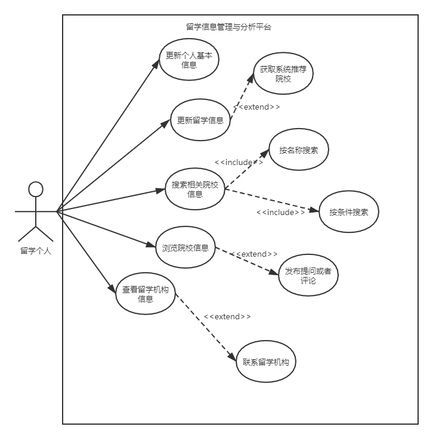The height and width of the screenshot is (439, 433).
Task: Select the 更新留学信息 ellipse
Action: (x=200, y=120)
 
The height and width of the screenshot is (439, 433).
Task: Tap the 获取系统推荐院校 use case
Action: (x=283, y=74)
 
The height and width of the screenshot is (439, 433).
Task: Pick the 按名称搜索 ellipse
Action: (x=299, y=150)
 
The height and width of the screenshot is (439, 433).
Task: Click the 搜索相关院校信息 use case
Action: (x=194, y=189)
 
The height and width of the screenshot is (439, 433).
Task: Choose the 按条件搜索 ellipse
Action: (x=349, y=212)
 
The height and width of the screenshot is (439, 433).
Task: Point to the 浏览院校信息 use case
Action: (x=185, y=248)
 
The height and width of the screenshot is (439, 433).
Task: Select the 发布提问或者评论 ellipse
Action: (x=308, y=275)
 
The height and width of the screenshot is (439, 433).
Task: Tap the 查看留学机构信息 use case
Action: (x=146, y=294)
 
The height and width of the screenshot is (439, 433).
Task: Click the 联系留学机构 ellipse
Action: (x=266, y=362)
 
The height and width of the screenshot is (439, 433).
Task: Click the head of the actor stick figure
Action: (x=36, y=189)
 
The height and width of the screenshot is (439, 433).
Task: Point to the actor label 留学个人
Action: (x=36, y=251)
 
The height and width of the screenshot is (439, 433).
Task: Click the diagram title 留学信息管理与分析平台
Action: (x=228, y=27)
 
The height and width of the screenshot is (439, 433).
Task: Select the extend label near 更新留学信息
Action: (x=256, y=107)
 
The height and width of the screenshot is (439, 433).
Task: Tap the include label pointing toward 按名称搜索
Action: (x=239, y=162)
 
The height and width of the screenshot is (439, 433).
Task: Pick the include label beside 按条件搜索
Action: (x=280, y=213)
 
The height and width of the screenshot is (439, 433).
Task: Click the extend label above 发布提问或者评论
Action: (x=254, y=254)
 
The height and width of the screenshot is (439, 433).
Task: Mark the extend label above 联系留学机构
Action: (x=227, y=316)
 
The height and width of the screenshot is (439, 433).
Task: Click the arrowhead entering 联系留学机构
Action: (x=233, y=357)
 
